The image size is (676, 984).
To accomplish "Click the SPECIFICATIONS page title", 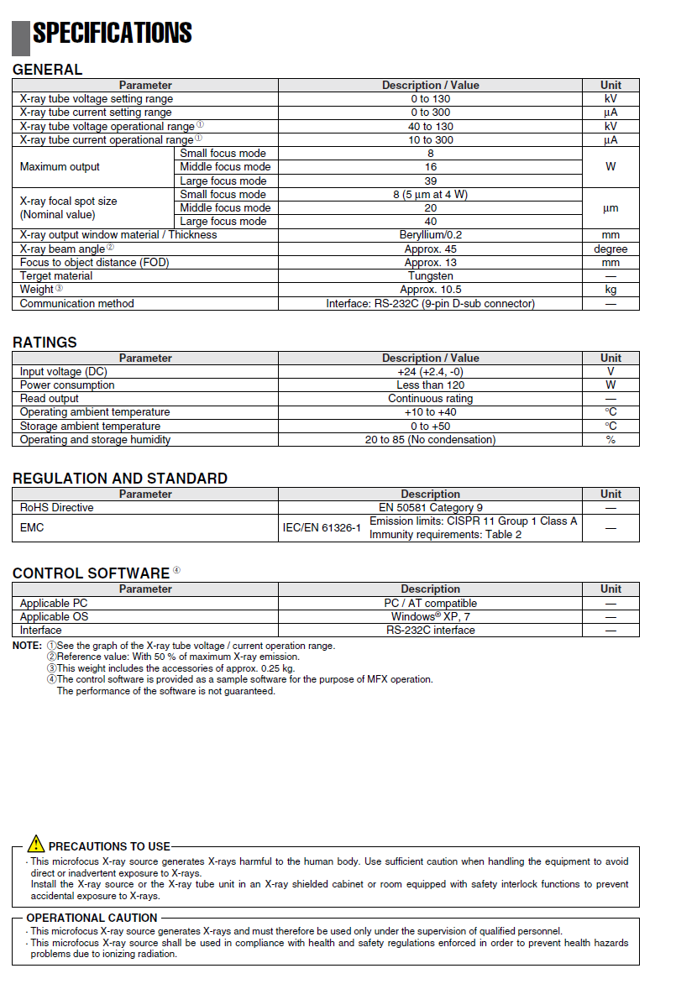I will click(x=112, y=34).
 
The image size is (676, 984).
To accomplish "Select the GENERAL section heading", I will click(x=48, y=70).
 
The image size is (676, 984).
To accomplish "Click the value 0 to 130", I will click(x=430, y=99).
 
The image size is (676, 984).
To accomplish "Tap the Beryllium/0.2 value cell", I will click(x=430, y=235).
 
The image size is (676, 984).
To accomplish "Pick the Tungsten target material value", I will click(x=430, y=276).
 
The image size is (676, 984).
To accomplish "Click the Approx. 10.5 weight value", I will click(x=430, y=290).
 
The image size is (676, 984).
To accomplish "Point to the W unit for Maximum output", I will click(x=610, y=167).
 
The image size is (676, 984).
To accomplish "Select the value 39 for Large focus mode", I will click(x=430, y=181).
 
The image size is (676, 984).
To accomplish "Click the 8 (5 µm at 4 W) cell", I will click(x=430, y=195).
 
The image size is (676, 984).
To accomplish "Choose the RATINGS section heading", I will click(x=45, y=343).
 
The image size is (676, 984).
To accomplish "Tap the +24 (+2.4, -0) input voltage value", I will click(x=430, y=372).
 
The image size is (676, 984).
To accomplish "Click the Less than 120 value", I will click(x=430, y=385).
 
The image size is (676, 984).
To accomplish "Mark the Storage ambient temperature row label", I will click(x=90, y=427).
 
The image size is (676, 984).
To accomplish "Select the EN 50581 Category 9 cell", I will click(x=430, y=508).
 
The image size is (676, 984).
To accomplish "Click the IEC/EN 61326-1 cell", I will click(x=322, y=528).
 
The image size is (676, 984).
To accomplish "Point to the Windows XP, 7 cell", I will click(x=430, y=617).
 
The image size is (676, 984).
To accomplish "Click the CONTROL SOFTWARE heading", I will click(x=91, y=573).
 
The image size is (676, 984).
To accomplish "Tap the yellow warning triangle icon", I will click(x=35, y=844).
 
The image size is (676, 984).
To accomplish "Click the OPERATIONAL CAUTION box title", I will click(x=92, y=919).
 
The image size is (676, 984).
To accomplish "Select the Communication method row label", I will click(x=77, y=304).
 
